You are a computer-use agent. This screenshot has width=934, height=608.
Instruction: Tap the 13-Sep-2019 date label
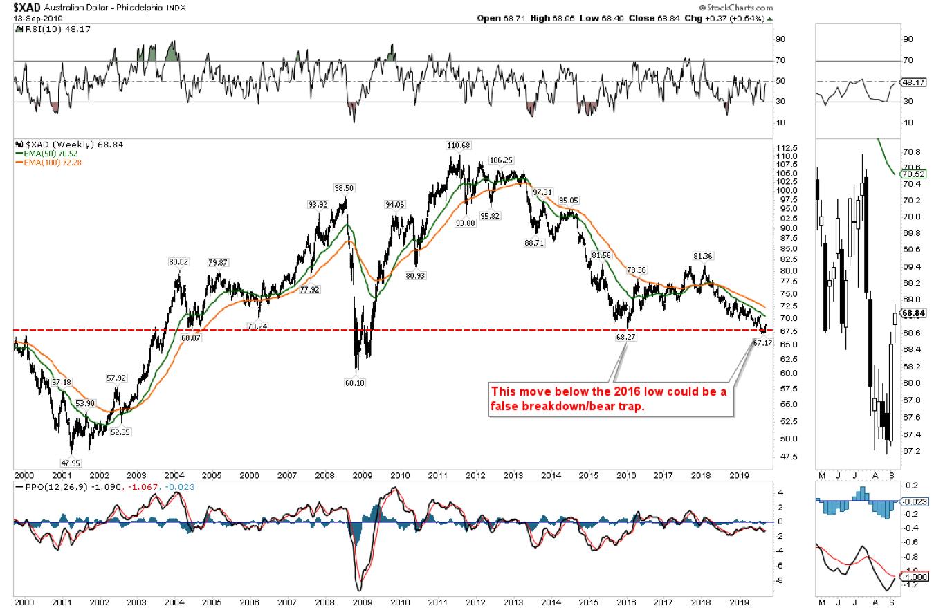click(24, 18)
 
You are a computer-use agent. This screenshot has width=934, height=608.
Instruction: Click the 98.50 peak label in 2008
click(345, 187)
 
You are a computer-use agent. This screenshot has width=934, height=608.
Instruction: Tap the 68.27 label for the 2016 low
click(625, 338)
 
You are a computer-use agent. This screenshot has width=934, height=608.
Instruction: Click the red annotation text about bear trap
click(609, 398)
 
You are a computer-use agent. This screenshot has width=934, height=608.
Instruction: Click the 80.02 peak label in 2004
click(178, 262)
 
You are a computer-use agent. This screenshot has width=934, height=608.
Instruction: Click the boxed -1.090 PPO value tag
click(913, 576)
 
